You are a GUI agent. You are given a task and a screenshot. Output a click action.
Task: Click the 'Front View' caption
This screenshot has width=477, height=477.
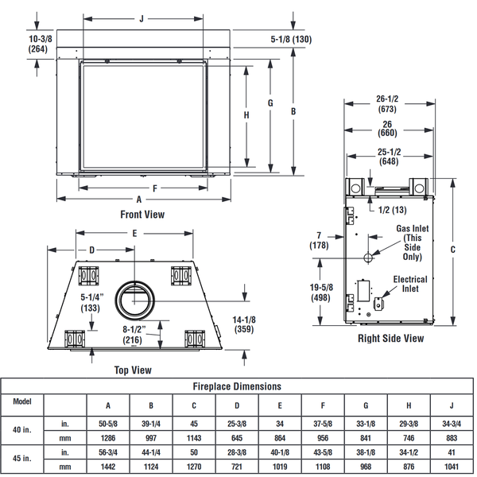coord(142,214)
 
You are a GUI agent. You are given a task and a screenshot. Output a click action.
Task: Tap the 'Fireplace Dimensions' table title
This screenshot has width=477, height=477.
coord(238,386)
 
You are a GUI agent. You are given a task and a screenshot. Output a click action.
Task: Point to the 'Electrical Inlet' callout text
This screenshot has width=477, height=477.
coord(410,284)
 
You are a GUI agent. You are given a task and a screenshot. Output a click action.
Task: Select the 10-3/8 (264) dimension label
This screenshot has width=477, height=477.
coord(17,44)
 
